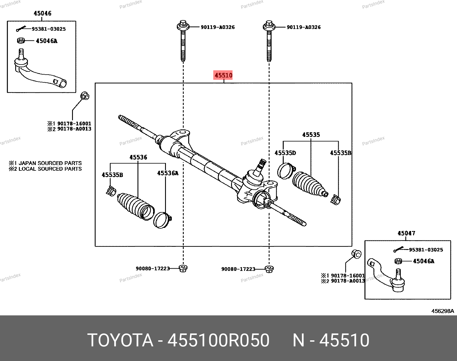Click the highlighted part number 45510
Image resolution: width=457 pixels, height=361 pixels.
coord(223,75)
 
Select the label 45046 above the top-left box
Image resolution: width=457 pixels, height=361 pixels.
coord(42,13)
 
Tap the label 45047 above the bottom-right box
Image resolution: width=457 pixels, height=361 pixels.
coord(406,233)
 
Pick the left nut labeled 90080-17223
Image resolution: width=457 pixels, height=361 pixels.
coord(183,269)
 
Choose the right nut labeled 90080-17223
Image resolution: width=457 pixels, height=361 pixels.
coord(269,269)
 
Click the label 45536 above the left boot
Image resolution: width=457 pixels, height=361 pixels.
coord(138,157)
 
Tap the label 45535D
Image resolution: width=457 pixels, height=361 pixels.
coord(285,153)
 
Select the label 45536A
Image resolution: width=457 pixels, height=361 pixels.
coord(168,173)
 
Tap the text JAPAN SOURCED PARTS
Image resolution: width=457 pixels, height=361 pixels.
coord(50,163)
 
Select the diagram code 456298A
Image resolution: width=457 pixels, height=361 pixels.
coord(443,311)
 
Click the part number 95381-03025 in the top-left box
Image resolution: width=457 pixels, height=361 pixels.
coord(49,29)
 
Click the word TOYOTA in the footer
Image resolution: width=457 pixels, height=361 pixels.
coord(120,340)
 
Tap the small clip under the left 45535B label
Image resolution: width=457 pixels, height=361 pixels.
coord(111,191)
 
